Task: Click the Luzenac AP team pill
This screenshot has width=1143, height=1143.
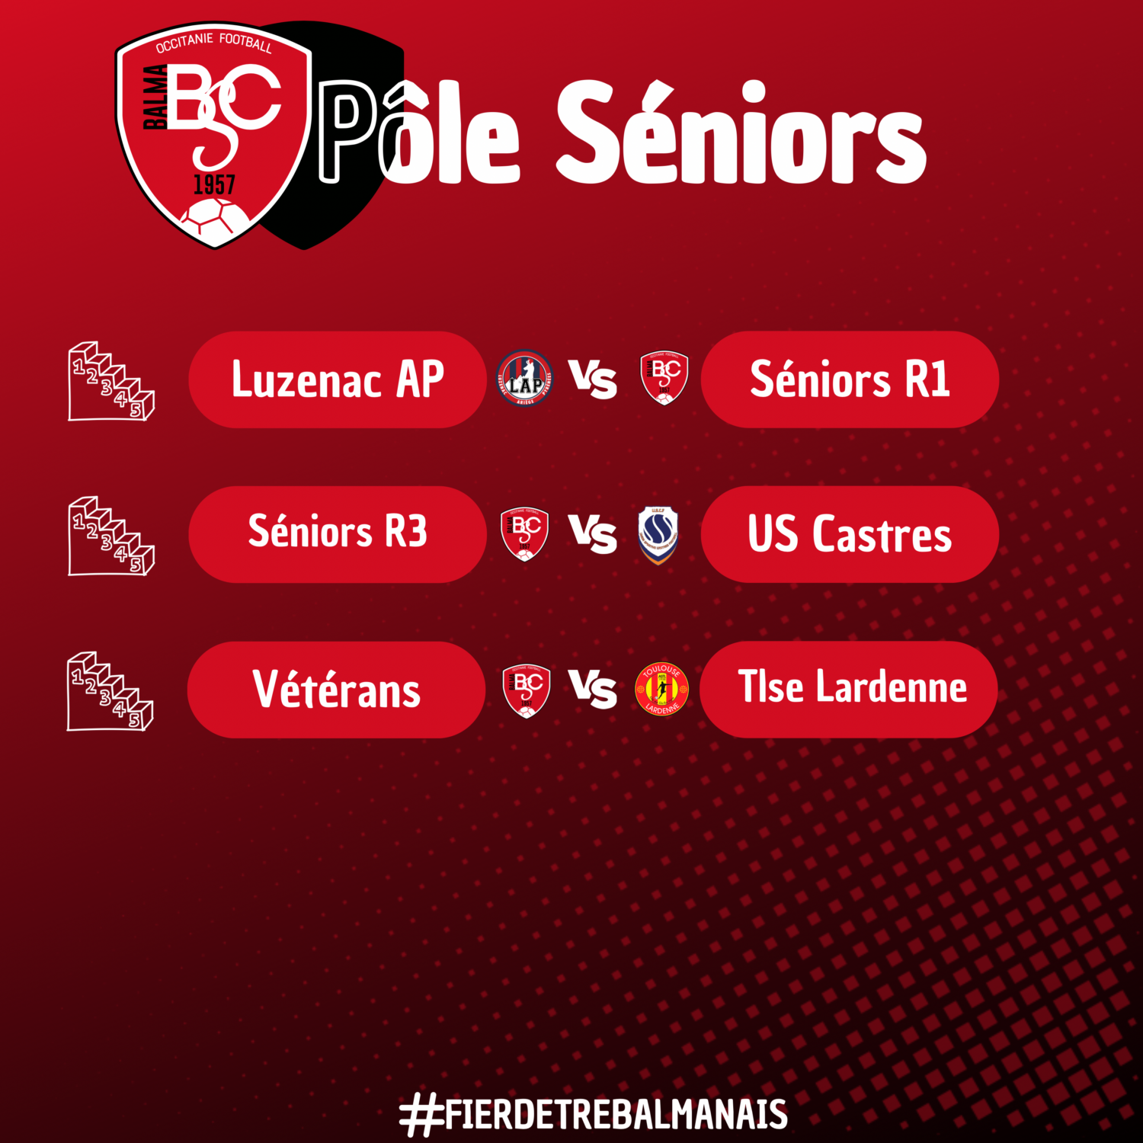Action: [x=337, y=379]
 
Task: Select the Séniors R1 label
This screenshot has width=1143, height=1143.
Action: [x=850, y=379]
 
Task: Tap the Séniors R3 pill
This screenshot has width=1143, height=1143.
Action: [x=337, y=534]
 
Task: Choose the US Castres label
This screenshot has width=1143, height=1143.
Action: [x=850, y=534]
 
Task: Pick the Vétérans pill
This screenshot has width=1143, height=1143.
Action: [x=336, y=690]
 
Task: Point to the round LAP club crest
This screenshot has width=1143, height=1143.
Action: [x=525, y=378]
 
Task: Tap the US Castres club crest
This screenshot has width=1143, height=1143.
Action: [x=658, y=535]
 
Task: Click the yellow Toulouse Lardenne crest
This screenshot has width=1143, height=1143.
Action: [x=661, y=689]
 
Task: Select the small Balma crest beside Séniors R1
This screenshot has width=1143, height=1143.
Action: [x=664, y=377]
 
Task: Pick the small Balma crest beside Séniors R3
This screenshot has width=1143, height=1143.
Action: [x=524, y=534]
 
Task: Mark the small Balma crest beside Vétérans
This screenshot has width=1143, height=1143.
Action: [x=527, y=691]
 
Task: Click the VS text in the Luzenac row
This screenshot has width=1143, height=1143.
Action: [x=593, y=379]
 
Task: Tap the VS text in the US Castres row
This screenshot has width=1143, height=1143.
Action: [x=593, y=533]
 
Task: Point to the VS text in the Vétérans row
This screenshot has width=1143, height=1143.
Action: [x=593, y=689]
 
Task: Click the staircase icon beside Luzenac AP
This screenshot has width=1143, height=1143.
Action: [x=111, y=381]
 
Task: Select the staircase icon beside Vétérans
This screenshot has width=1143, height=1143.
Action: [x=110, y=691]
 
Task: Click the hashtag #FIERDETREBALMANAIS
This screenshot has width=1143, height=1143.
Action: [x=594, y=1115]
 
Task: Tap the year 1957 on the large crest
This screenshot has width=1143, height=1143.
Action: [x=214, y=185]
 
